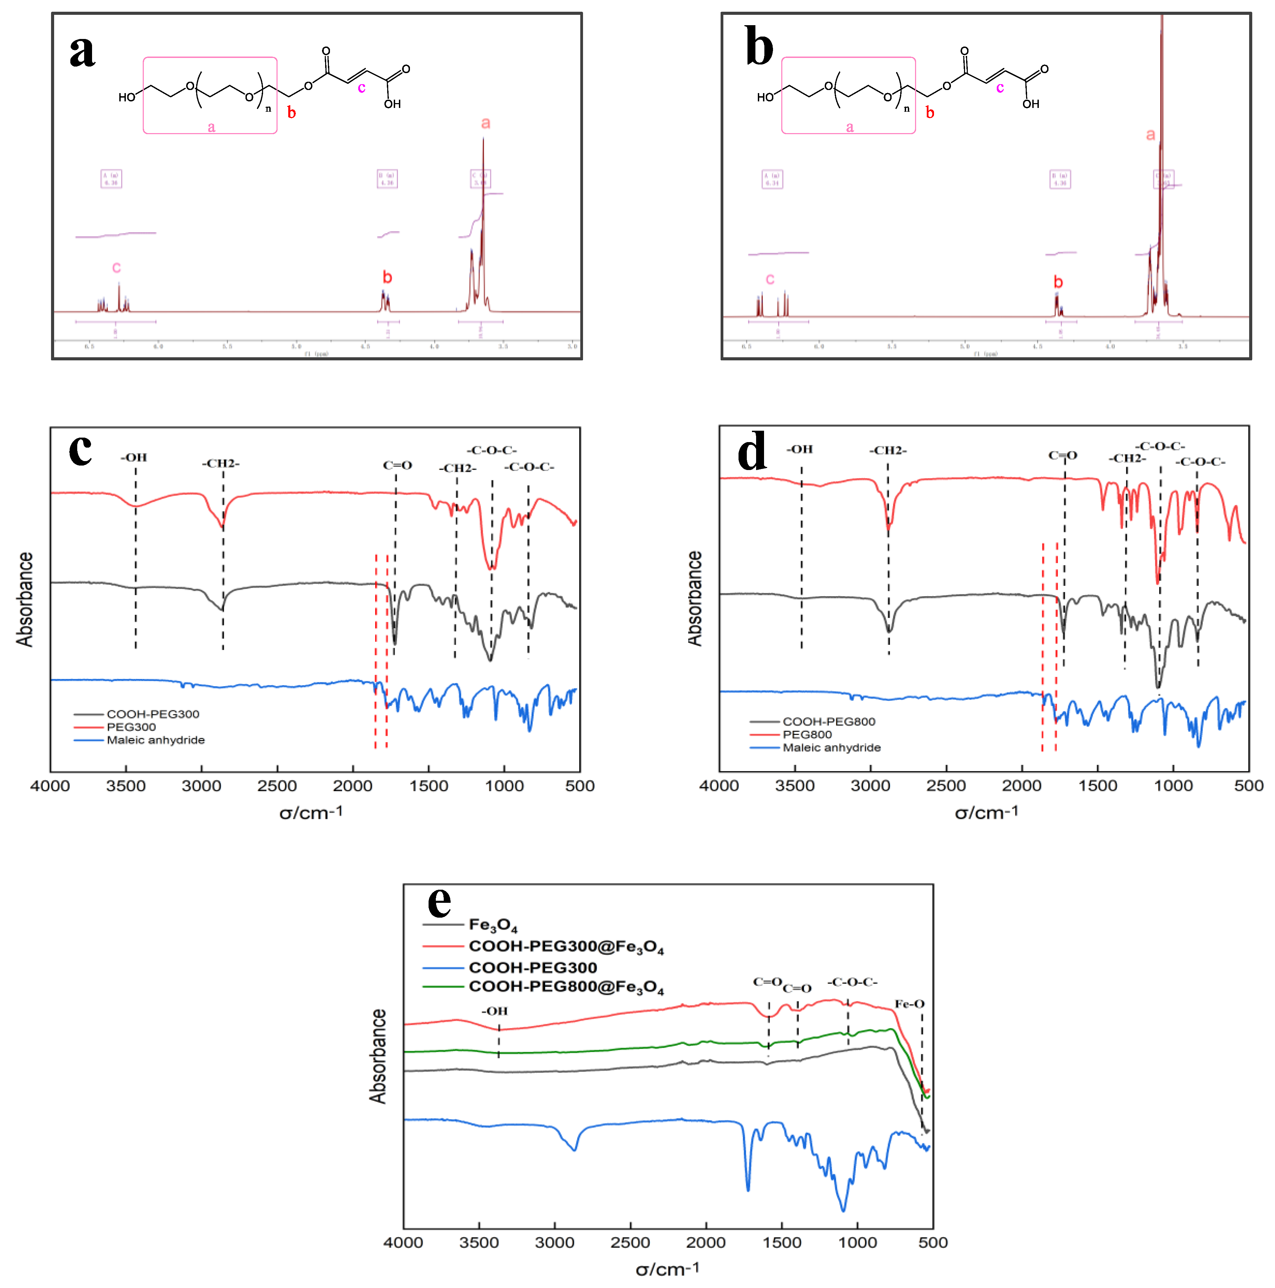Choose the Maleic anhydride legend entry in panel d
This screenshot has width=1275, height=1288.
(831, 747)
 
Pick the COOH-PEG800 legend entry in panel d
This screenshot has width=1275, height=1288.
(829, 721)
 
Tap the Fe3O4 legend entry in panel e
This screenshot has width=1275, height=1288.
(493, 925)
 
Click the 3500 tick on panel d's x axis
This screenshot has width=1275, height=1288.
(794, 786)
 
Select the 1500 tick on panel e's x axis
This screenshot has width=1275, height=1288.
(781, 1243)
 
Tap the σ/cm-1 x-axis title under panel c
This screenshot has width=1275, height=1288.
(311, 813)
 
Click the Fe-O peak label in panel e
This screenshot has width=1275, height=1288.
(909, 1004)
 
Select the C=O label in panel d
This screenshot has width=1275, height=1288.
(1062, 455)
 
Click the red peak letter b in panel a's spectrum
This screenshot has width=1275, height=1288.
(387, 277)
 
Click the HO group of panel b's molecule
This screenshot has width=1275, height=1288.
(765, 97)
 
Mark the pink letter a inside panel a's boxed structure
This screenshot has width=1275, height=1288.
(211, 127)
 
